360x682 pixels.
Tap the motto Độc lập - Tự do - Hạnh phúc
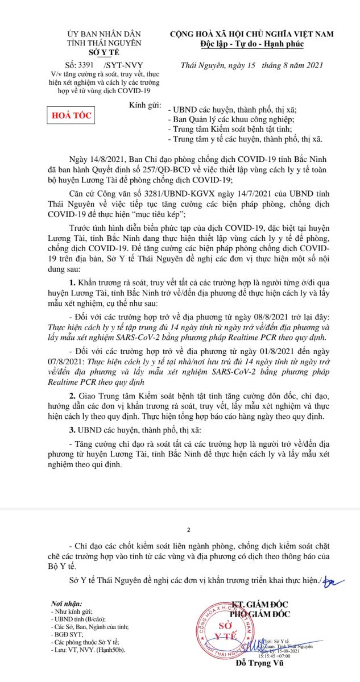coord(251,44)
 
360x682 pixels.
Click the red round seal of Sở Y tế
coord(222,629)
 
